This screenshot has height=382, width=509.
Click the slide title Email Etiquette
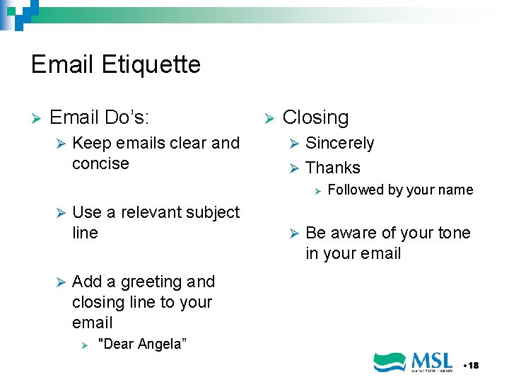pyautogui.click(x=116, y=65)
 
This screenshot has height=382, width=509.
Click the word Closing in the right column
pyautogui.click(x=315, y=117)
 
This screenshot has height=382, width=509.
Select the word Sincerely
pyautogui.click(x=339, y=144)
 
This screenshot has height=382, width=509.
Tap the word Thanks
pyautogui.click(x=333, y=168)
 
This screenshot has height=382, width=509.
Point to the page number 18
pyautogui.click(x=472, y=365)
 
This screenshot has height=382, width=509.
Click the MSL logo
pyautogui.click(x=414, y=361)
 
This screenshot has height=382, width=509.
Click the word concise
pyautogui.click(x=100, y=164)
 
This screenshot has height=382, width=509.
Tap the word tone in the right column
pyautogui.click(x=455, y=233)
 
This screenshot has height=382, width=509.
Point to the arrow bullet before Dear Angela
pyautogui.click(x=84, y=345)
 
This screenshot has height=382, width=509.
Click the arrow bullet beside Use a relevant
pyautogui.click(x=60, y=212)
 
